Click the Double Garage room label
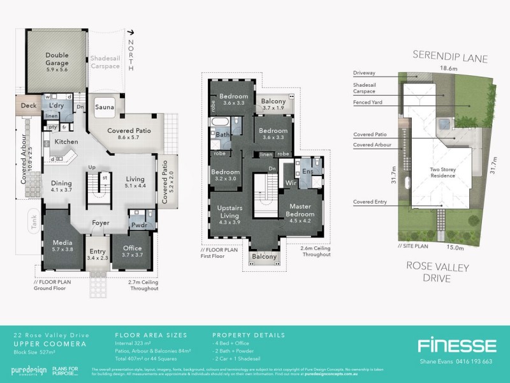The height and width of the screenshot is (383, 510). pyautogui.click(x=57, y=59)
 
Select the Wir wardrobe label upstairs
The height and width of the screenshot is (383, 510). pyautogui.click(x=291, y=182)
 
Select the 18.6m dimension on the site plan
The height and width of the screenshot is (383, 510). pyautogui.click(x=440, y=68)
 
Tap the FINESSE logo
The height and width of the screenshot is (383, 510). pyautogui.click(x=456, y=345)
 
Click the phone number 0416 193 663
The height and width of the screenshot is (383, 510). pyautogui.click(x=471, y=361)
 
